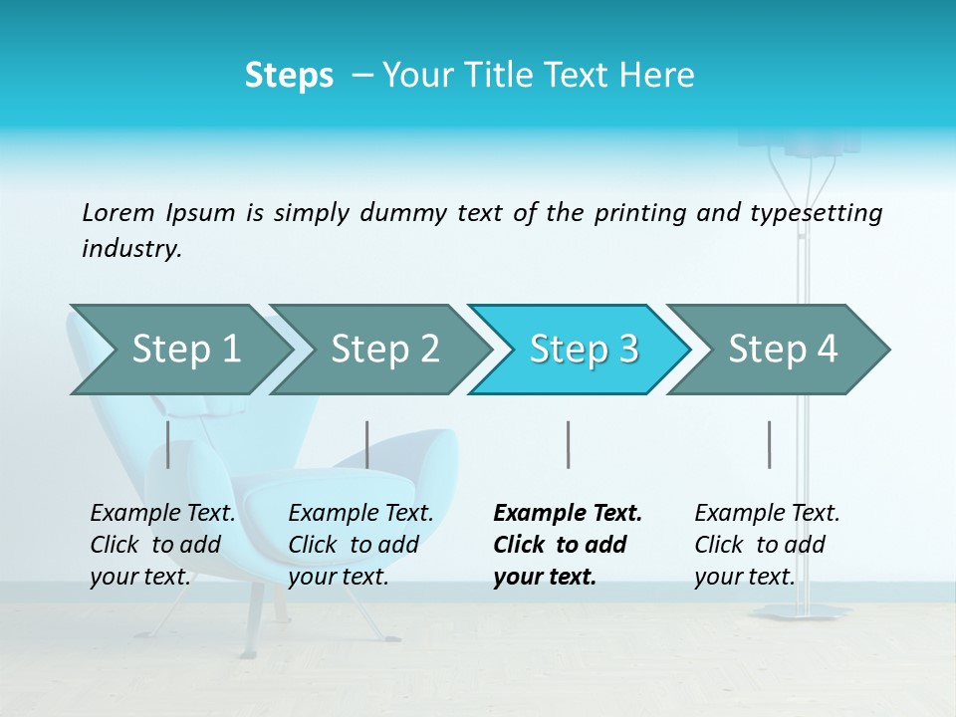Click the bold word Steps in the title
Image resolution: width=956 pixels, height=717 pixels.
tap(289, 76)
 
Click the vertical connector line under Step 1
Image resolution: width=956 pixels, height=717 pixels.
tap(168, 444)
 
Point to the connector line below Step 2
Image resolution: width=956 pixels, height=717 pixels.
tap(367, 444)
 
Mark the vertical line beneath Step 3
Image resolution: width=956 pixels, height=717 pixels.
tap(568, 444)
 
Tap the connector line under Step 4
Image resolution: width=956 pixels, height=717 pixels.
tap(769, 444)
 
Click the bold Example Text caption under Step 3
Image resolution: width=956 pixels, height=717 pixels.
tap(567, 544)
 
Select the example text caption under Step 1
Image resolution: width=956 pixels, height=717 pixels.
tap(162, 544)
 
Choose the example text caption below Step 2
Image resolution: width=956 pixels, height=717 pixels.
tap(360, 544)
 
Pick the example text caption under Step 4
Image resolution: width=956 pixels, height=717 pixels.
tap(767, 544)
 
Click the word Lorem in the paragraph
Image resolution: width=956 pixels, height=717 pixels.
tap(118, 212)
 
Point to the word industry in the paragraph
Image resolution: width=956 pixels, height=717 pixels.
tap(130, 249)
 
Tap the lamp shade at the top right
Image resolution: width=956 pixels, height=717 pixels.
tap(821, 142)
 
